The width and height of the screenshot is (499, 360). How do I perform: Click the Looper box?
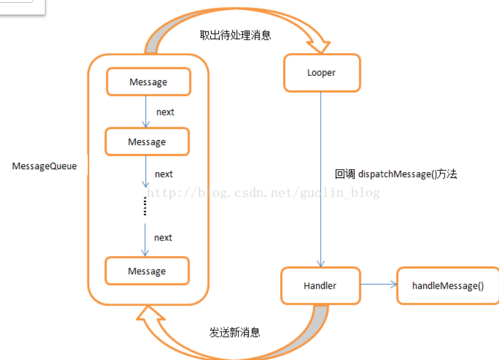tap(322, 73)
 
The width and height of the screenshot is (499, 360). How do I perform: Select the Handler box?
tap(320, 286)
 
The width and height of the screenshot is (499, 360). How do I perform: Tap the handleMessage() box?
tap(447, 286)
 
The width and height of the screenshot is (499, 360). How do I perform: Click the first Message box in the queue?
tap(148, 82)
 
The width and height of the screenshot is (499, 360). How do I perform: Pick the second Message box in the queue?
tap(147, 142)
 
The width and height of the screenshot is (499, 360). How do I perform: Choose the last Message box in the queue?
tap(147, 271)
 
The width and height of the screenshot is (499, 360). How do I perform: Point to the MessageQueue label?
tap(44, 166)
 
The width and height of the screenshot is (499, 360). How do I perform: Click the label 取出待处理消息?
tap(236, 35)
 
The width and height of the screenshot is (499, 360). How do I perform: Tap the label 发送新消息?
tap(234, 333)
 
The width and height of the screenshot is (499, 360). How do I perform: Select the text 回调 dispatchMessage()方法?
tap(396, 174)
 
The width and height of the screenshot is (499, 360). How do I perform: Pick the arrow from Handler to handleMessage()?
tap(378, 285)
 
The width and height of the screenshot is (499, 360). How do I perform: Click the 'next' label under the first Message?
tap(165, 112)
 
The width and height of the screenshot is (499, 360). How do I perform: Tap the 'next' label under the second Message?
tap(164, 174)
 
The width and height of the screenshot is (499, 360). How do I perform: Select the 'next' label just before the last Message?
tap(163, 237)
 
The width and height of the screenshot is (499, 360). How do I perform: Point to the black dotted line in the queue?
tap(144, 206)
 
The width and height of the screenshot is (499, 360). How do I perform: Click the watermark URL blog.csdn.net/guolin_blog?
tap(263, 192)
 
